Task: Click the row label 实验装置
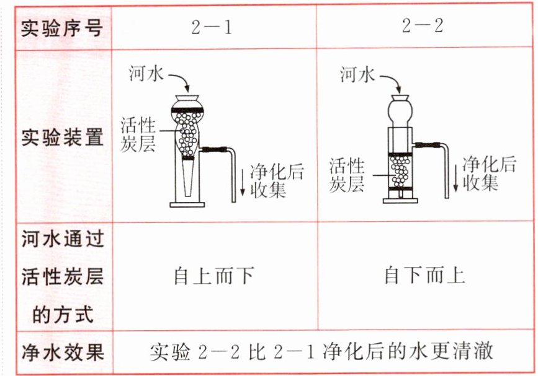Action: coord(61,137)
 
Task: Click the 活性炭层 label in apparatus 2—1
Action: coord(137,133)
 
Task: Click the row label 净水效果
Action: coord(61,352)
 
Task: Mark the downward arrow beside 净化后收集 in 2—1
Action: coord(243,180)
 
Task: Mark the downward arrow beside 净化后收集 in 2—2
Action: coord(456,173)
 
